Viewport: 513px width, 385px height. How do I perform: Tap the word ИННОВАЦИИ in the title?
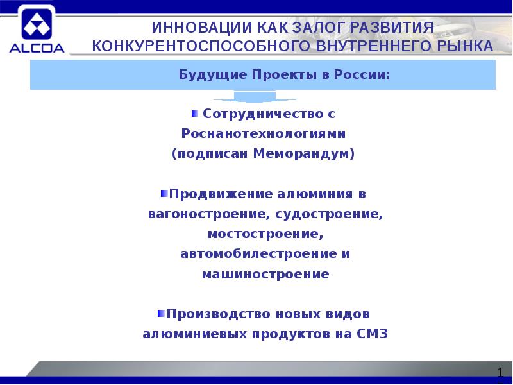click(x=195, y=29)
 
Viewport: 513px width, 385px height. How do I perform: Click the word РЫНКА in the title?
click(x=462, y=47)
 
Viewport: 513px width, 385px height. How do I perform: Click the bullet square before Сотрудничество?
click(x=195, y=114)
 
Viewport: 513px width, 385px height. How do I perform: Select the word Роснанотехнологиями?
click(x=264, y=134)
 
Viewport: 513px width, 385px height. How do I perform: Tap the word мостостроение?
click(x=262, y=234)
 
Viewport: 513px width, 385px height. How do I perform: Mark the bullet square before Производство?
click(x=160, y=314)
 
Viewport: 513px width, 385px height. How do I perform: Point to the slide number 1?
click(x=501, y=373)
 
